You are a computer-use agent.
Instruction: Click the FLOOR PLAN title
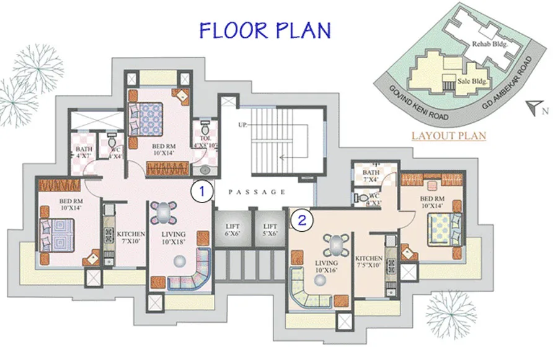click(265, 29)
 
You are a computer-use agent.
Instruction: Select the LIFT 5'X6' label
click(270, 230)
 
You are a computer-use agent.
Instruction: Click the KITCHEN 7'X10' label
click(131, 237)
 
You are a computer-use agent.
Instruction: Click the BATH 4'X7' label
click(84, 152)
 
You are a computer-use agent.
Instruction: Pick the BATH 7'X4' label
click(371, 176)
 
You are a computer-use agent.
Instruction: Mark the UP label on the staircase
click(242, 125)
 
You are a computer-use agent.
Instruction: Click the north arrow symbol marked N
click(534, 109)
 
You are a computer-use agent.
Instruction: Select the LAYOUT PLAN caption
click(449, 135)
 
